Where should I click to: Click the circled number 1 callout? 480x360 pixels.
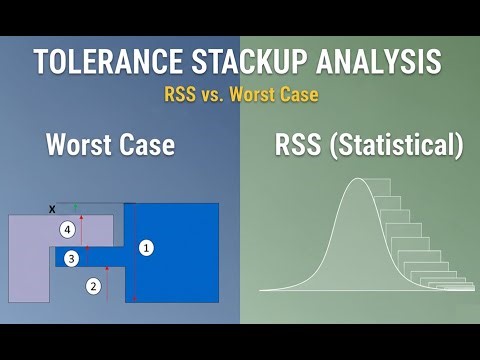146,247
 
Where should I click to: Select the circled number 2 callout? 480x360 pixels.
93,286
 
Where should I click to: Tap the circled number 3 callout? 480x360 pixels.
70,259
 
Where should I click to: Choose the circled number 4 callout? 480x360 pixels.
67,230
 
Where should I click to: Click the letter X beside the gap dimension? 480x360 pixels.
52,208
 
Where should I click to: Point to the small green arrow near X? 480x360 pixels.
75,206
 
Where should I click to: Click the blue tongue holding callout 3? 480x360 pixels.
100,258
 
